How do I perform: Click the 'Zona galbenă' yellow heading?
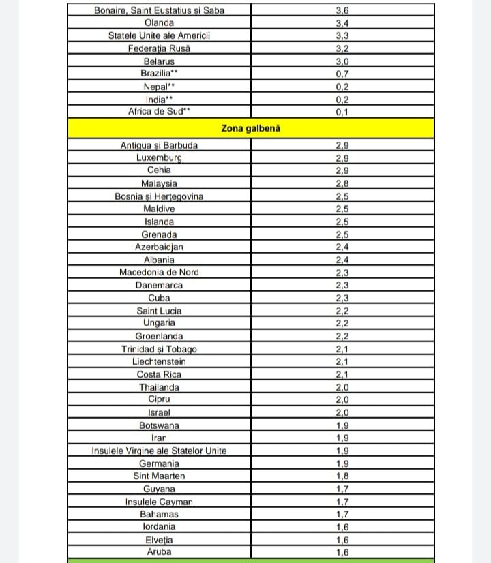[x=251, y=127]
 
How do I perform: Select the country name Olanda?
[x=159, y=22]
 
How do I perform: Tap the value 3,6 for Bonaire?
[x=342, y=10]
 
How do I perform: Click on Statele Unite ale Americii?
[x=159, y=35]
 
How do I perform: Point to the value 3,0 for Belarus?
[x=342, y=61]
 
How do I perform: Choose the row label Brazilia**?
[x=159, y=74]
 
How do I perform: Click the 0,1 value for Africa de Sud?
[x=342, y=112]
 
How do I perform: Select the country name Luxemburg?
[x=159, y=157]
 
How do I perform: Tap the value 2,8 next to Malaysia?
[x=342, y=183]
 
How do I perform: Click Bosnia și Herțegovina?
[x=159, y=196]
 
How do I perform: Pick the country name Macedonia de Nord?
[x=159, y=272]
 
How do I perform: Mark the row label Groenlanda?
[x=159, y=336]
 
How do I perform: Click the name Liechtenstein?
[x=159, y=361]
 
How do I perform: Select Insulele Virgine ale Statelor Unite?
[x=159, y=451]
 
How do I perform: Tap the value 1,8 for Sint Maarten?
[x=342, y=476]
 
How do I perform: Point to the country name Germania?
[x=159, y=463]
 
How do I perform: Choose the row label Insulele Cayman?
[x=159, y=502]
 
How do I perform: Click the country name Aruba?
[x=159, y=551]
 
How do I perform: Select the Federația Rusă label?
[x=159, y=48]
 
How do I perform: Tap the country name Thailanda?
[x=159, y=387]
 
